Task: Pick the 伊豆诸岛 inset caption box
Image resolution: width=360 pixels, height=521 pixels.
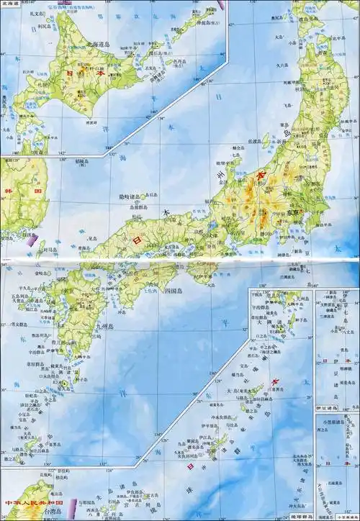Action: [x=329, y=408]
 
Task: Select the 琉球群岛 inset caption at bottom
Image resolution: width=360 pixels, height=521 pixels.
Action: [x=294, y=517]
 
